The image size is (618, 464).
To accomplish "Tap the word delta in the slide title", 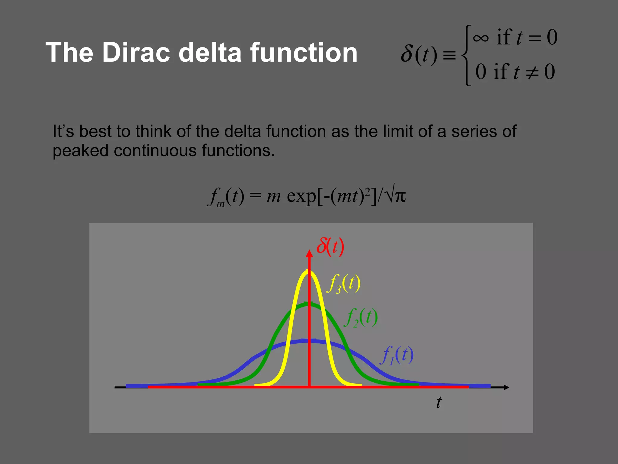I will coord(210,53).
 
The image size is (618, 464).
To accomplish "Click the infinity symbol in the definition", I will coord(481,38).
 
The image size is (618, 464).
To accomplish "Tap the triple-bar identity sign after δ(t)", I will coord(449,56).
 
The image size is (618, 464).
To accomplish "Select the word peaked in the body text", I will coord(80,151).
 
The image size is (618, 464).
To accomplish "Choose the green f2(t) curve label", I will coord(361,317).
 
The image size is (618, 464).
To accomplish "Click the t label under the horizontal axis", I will coord(439,402).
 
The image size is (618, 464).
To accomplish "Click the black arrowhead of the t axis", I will coord(506,387).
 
